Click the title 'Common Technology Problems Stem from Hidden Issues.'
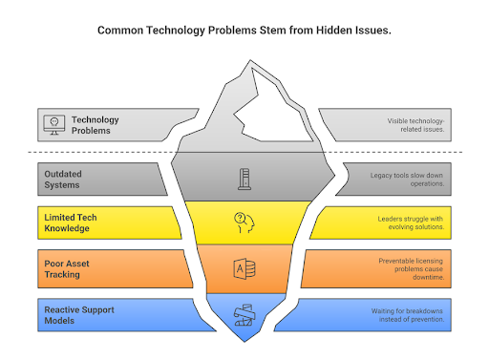(x=244, y=31)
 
